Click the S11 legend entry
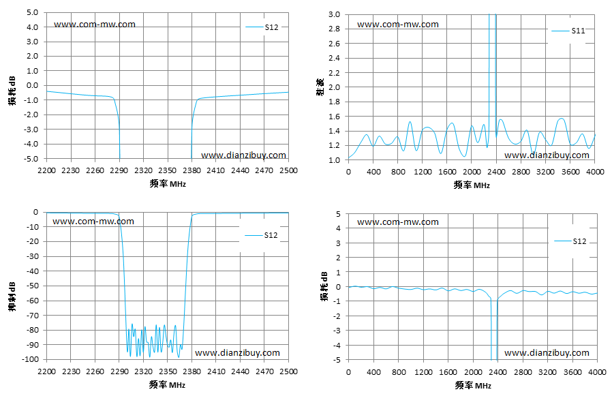click(568, 31)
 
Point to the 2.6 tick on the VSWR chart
click(334, 44)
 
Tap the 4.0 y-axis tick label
click(33, 27)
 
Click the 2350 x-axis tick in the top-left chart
click(168, 170)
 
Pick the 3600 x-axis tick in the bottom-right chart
click(572, 372)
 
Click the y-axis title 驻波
click(320, 87)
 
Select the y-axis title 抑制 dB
click(12, 296)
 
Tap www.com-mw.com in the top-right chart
click(398, 25)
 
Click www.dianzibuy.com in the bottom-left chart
click(237, 353)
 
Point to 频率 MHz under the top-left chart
click(168, 183)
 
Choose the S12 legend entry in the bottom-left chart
click(261, 235)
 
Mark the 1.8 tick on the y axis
click(334, 102)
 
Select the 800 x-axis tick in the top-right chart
click(398, 172)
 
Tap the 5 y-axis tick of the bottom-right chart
click(338, 214)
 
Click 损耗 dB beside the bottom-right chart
click(324, 286)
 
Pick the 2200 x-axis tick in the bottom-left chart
click(46, 371)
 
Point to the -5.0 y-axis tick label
click(32, 159)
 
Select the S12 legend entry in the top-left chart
click(262, 27)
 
